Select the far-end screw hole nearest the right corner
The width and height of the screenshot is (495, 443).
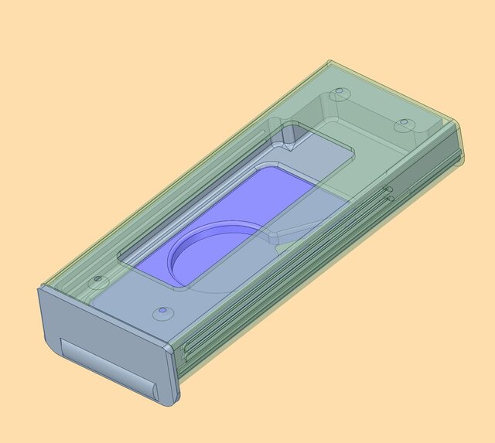click(x=401, y=124)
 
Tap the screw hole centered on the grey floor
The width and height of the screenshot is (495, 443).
click(x=162, y=312)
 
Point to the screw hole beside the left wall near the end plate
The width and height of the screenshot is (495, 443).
click(x=97, y=279)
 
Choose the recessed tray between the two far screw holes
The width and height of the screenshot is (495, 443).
click(x=371, y=116)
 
